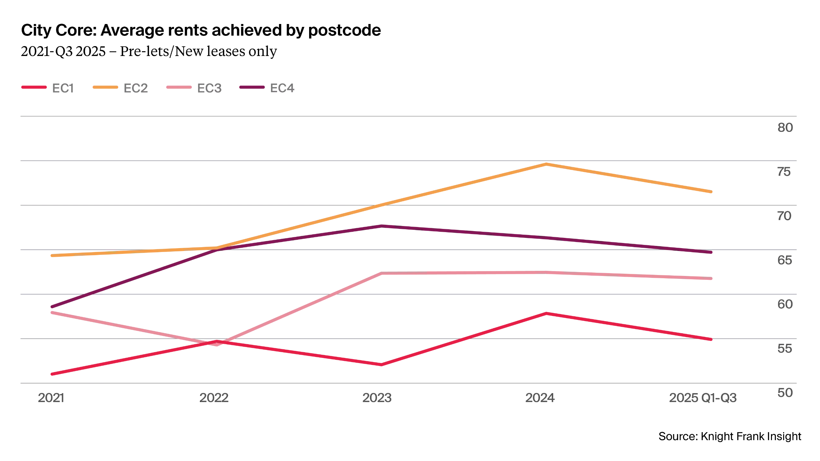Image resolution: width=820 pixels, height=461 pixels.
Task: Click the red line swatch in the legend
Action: click(x=34, y=87)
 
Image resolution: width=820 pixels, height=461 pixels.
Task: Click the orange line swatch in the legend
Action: click(x=106, y=87)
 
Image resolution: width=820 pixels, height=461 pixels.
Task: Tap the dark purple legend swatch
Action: click(x=252, y=87)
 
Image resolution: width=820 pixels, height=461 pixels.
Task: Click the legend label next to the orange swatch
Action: click(x=136, y=89)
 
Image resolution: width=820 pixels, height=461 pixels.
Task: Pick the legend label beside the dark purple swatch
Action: click(x=282, y=88)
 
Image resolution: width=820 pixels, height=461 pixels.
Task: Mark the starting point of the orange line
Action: click(x=51, y=256)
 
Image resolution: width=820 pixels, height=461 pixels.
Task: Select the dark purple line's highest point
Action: click(x=382, y=226)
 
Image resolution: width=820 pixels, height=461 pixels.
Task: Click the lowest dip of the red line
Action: click(x=381, y=365)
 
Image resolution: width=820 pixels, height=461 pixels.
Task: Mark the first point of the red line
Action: click(x=51, y=374)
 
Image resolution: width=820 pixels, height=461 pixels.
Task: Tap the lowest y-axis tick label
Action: click(x=785, y=393)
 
